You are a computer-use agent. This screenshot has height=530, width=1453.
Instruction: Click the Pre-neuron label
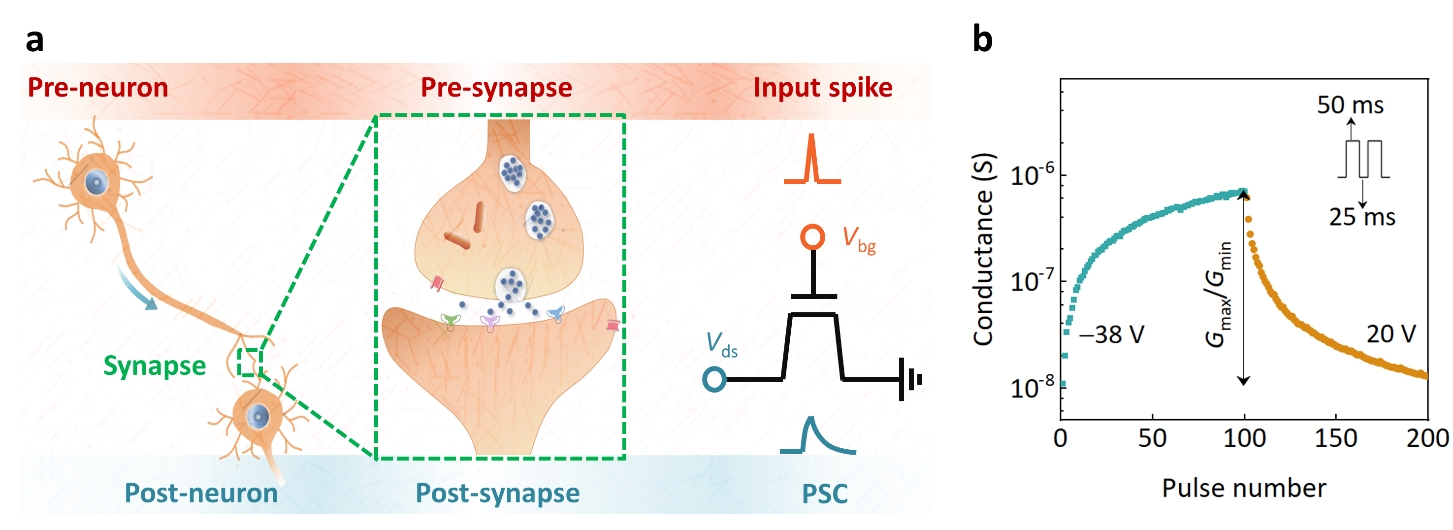pyautogui.click(x=97, y=88)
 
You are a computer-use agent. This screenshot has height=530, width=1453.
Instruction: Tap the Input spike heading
pyautogui.click(x=822, y=88)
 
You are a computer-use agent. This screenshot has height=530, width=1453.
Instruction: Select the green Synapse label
pyautogui.click(x=155, y=366)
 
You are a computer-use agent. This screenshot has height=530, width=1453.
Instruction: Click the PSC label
pyautogui.click(x=825, y=494)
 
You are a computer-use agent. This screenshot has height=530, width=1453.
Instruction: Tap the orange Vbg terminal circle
pyautogui.click(x=812, y=237)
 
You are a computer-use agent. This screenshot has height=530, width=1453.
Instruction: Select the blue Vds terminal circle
pyautogui.click(x=714, y=379)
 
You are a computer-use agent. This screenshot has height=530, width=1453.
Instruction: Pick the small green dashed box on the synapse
pyautogui.click(x=249, y=363)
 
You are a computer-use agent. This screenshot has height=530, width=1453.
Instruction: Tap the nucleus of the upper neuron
pyautogui.click(x=96, y=182)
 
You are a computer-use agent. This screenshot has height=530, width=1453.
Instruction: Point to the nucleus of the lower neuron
pyautogui.click(x=258, y=417)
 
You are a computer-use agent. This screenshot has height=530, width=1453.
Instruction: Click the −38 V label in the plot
pyautogui.click(x=1111, y=335)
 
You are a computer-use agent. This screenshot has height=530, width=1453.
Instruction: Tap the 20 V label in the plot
pyautogui.click(x=1391, y=334)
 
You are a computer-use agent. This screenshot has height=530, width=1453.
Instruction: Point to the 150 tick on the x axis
pyautogui.click(x=1335, y=438)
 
